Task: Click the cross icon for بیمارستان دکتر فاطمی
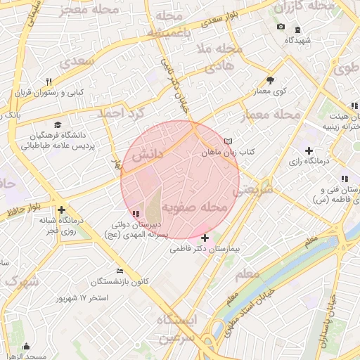pyautogui.click(x=205, y=238)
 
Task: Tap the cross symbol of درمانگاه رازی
pyautogui.click(x=309, y=150)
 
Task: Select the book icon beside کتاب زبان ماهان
pyautogui.click(x=228, y=141)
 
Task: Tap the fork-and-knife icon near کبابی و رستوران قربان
pyautogui.click(x=49, y=82)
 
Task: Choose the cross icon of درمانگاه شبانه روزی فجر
pyautogui.click(x=62, y=210)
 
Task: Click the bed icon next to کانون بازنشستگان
pyautogui.click(x=120, y=271)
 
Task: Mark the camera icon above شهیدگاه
pyautogui.click(x=281, y=27)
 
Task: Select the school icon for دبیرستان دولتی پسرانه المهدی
pyautogui.click(x=136, y=214)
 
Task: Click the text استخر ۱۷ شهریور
pyautogui.click(x=82, y=298)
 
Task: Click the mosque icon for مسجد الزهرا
pyautogui.click(x=27, y=346)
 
